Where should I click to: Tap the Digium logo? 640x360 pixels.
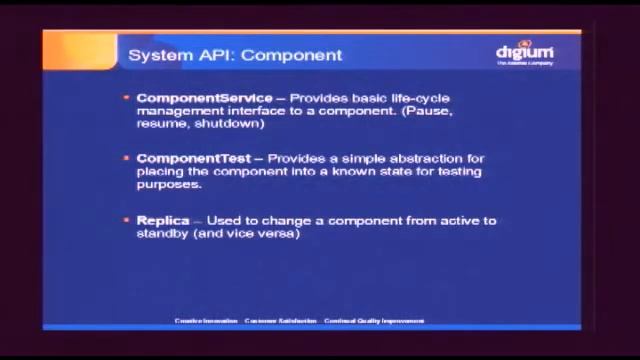click(524, 53)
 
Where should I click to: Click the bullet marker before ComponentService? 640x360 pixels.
click(126, 98)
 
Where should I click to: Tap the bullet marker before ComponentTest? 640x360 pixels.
click(126, 159)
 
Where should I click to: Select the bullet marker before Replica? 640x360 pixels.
click(126, 221)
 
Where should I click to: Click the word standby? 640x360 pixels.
click(160, 234)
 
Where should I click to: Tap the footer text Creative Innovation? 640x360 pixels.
click(207, 321)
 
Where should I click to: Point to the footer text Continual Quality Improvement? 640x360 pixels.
click(374, 321)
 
